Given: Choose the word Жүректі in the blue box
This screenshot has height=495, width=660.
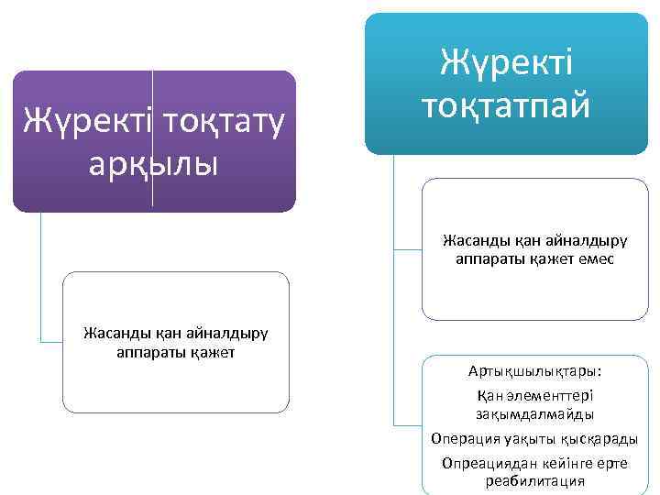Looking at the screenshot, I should [506, 64].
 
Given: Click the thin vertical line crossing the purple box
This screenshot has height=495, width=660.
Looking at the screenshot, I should [153, 137].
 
